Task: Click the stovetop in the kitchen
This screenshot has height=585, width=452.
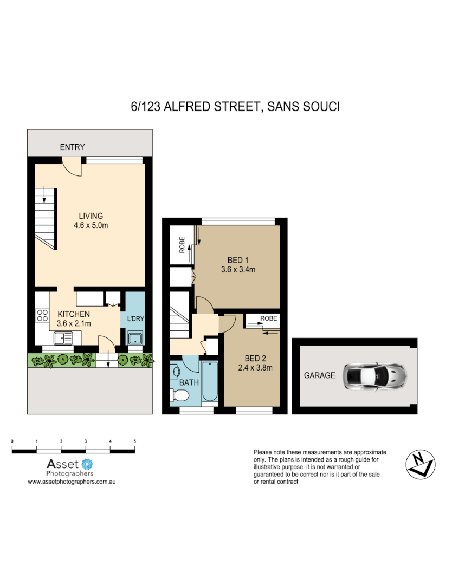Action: [42, 315]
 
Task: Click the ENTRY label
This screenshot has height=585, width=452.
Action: [72, 147]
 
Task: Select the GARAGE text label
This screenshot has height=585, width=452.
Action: [319, 375]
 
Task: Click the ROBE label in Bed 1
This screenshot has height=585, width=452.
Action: [183, 244]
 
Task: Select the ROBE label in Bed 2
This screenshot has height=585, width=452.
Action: [268, 318]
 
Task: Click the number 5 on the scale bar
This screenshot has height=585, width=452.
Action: [134, 441]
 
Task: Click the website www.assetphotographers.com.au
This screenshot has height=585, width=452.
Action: [73, 481]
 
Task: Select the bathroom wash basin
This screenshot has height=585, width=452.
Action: [177, 371]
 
